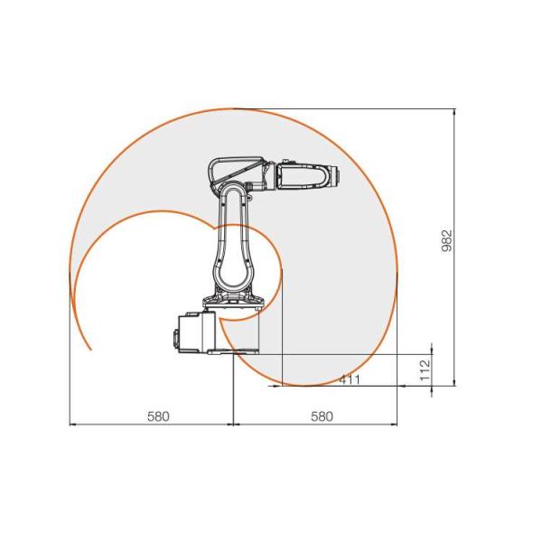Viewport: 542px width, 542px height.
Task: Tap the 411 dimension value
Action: point(350,380)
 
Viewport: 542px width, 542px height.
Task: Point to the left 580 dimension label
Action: point(158,416)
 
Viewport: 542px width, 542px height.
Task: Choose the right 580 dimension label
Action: point(322,416)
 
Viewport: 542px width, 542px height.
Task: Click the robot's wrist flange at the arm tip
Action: point(335,176)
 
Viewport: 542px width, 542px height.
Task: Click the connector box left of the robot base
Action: point(192,332)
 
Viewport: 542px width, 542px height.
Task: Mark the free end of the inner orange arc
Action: point(90,349)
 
